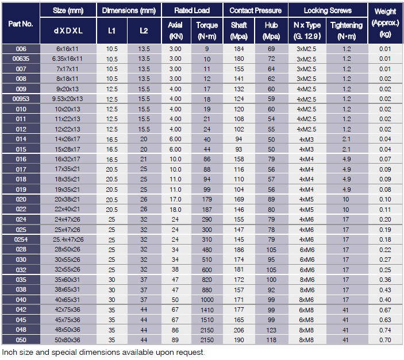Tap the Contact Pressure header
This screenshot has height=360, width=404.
click(255, 10)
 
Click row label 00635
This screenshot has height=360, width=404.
click(21, 59)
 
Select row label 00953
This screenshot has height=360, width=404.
click(21, 99)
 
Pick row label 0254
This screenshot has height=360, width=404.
click(21, 239)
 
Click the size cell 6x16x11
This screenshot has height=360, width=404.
click(68, 49)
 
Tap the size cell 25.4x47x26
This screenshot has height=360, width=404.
click(68, 239)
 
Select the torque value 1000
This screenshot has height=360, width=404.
click(207, 300)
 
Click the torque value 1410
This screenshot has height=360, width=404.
click(207, 310)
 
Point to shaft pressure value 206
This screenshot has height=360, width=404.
click(238, 330)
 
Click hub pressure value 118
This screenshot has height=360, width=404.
click(271, 340)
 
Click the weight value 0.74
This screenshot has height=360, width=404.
click(384, 330)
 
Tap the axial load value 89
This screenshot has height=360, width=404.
click(175, 340)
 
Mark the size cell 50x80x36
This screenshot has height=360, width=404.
click(68, 340)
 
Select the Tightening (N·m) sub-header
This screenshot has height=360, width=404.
click(347, 29)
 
